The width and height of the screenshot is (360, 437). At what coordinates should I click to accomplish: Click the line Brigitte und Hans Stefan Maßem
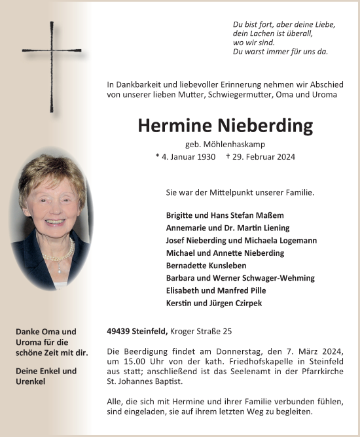[x=225, y=215]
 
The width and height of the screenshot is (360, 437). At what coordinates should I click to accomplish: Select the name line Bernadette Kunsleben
[x=208, y=266]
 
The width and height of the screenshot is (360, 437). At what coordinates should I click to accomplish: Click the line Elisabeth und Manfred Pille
[x=216, y=290]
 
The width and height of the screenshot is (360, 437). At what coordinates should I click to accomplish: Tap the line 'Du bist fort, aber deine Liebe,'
[x=283, y=24]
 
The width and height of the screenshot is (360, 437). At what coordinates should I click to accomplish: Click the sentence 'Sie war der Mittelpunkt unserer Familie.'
[x=240, y=193]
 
